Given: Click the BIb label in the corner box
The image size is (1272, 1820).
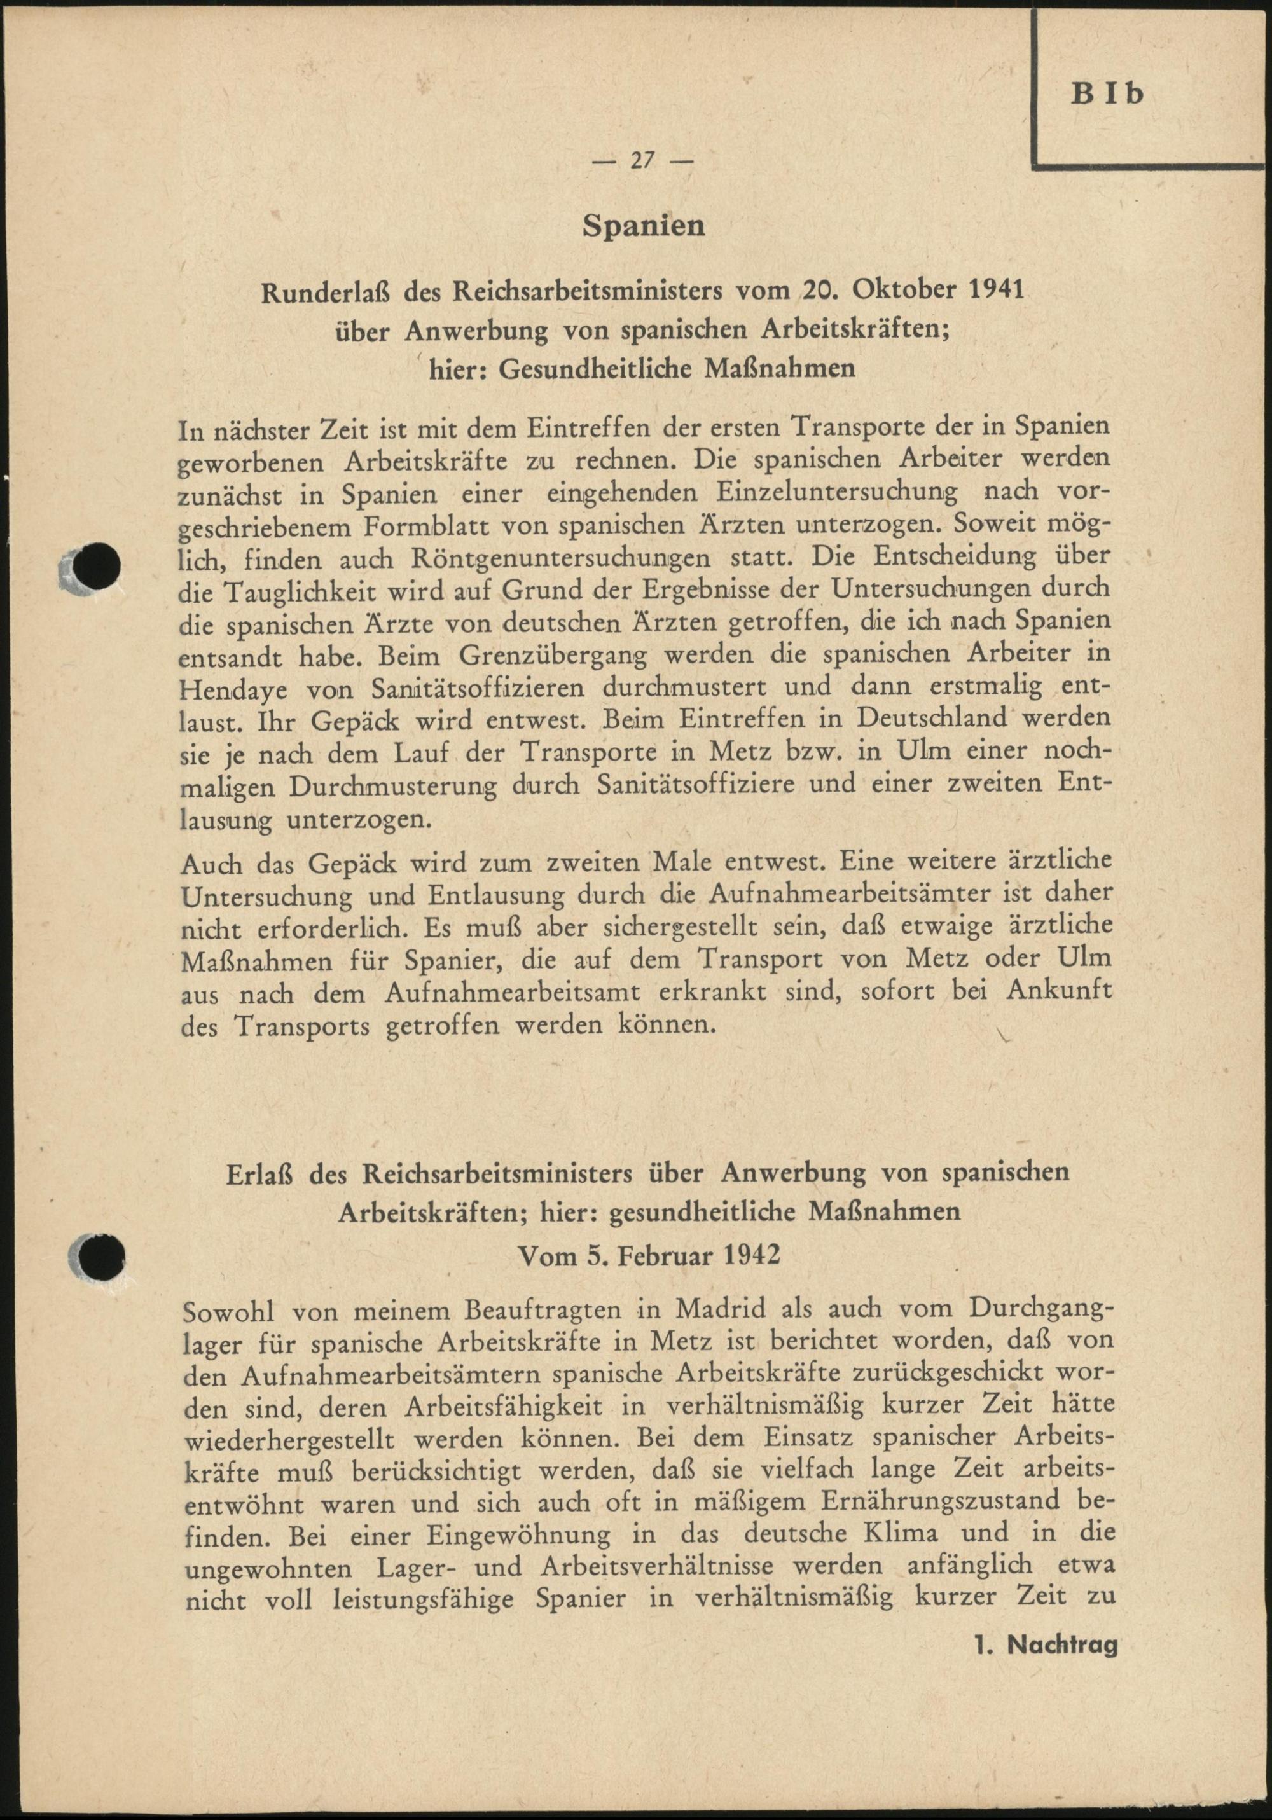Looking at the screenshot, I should (1109, 94).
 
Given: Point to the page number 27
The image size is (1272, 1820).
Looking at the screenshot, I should (642, 160).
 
